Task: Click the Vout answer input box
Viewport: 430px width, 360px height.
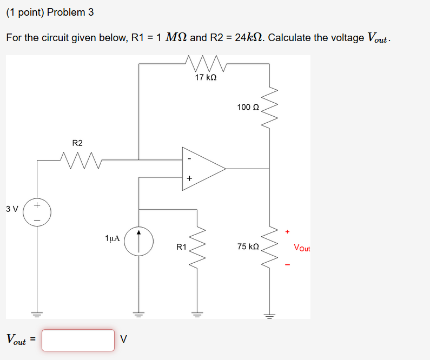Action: pyautogui.click(x=78, y=340)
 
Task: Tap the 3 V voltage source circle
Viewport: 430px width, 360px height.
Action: pyautogui.click(x=37, y=212)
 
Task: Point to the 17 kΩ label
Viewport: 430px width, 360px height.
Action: pyautogui.click(x=206, y=78)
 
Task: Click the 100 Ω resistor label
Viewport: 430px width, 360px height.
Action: pyautogui.click(x=248, y=107)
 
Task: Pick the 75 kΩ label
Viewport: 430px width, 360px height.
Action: pyautogui.click(x=248, y=246)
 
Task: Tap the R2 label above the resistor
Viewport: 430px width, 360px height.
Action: pyautogui.click(x=77, y=143)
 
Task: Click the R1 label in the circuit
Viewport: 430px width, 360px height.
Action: pyautogui.click(x=182, y=247)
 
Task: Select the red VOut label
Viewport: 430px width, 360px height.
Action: pyautogui.click(x=302, y=248)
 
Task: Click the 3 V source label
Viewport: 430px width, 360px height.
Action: pyautogui.click(x=12, y=208)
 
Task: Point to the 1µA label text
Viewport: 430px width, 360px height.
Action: pyautogui.click(x=113, y=238)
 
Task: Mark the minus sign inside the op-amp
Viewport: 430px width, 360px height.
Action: pyautogui.click(x=189, y=159)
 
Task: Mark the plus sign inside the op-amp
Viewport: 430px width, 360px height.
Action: pyautogui.click(x=189, y=178)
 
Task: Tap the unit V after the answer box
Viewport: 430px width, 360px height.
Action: pyautogui.click(x=124, y=340)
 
